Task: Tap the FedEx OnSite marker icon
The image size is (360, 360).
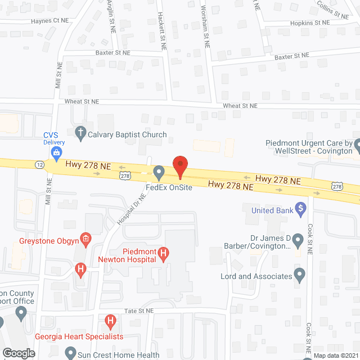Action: tap(159, 171)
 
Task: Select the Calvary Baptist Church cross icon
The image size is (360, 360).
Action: tap(80, 134)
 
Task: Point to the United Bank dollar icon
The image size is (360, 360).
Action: tap(301, 210)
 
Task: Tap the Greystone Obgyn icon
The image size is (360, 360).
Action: tap(85, 241)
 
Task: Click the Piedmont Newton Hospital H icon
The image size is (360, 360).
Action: tap(163, 254)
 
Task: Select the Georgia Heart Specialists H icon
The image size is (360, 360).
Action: tap(111, 322)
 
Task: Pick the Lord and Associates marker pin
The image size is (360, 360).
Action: tap(300, 276)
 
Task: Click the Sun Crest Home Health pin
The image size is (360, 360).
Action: tap(70, 353)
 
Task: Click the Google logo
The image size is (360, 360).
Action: tap(18, 353)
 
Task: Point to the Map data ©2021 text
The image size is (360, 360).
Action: tap(336, 355)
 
